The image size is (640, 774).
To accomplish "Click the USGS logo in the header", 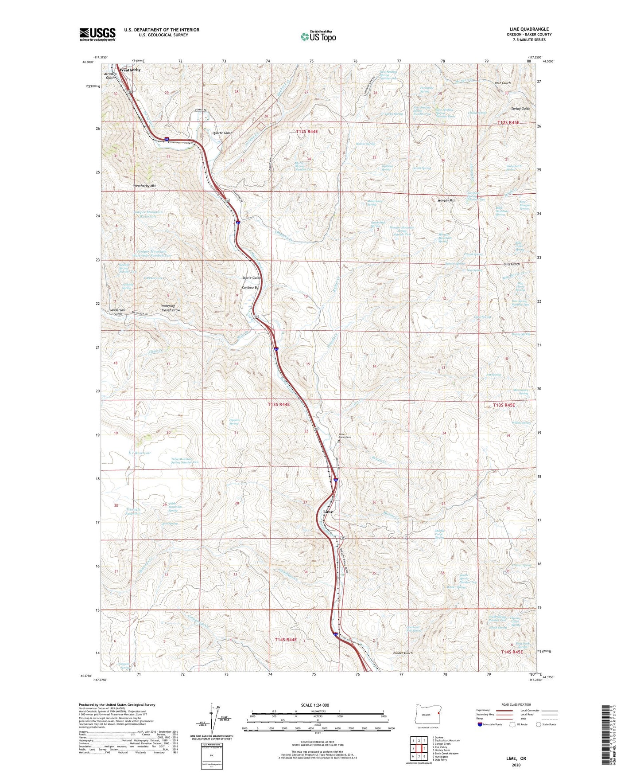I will click(x=97, y=34).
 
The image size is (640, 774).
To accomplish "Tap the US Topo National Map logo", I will click(x=318, y=36).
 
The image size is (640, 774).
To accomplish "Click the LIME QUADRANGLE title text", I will click(x=529, y=29).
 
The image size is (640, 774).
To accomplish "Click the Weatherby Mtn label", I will click(x=144, y=186).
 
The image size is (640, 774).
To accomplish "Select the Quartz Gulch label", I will click(x=222, y=133).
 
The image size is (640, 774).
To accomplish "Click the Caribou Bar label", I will click(x=250, y=287).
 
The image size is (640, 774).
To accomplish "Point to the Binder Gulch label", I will click(x=403, y=653).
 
